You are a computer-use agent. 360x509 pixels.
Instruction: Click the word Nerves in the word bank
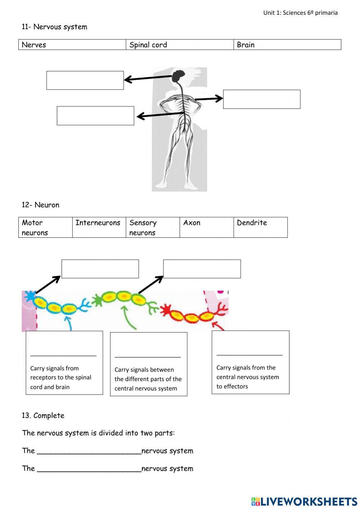click(34, 45)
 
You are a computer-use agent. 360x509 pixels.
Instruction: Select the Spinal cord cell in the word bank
click(148, 45)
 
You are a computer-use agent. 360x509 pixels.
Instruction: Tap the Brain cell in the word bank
click(246, 45)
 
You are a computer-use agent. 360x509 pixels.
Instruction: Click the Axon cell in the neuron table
click(206, 227)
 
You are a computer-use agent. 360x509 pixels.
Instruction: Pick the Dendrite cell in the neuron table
click(260, 227)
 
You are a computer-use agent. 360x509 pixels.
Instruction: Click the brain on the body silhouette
click(178, 76)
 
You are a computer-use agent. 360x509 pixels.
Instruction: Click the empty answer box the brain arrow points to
click(85, 80)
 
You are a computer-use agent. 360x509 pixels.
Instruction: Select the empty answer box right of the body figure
click(261, 99)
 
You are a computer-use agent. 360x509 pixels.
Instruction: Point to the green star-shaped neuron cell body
click(97, 300)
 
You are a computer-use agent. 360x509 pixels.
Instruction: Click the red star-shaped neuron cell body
click(166, 309)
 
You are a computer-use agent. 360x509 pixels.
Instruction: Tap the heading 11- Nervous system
click(54, 27)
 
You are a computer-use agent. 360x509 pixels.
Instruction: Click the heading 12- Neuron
click(40, 205)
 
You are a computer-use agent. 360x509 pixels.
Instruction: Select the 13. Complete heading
click(43, 415)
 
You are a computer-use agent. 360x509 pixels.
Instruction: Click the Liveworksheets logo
click(304, 501)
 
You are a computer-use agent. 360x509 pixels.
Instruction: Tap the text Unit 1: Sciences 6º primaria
click(300, 13)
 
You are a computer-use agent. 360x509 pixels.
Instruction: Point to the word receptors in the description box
click(44, 378)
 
